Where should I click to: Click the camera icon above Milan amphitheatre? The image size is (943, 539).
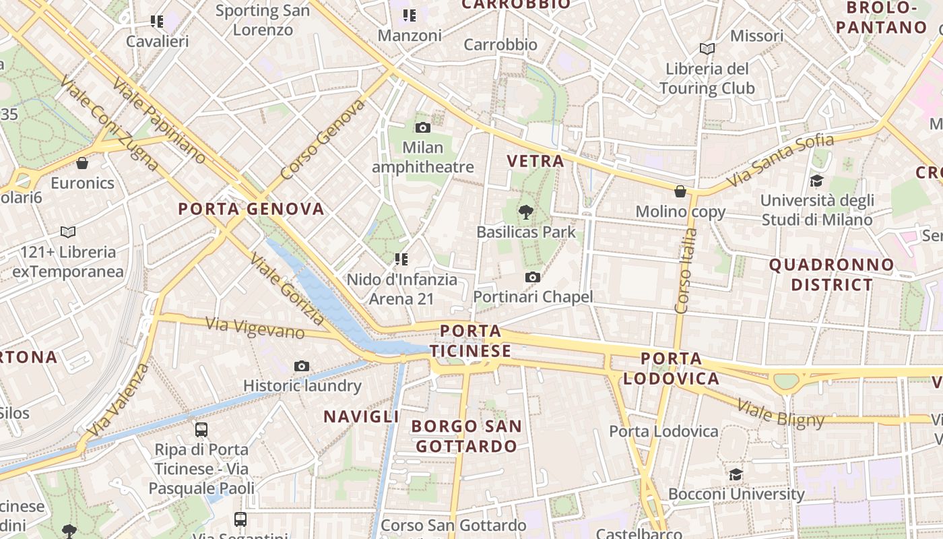423,127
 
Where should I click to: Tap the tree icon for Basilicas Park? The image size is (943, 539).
525,212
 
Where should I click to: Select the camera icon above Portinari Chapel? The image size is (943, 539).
533,277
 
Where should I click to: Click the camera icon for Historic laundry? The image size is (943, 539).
302,366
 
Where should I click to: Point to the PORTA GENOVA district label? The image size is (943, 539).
251,209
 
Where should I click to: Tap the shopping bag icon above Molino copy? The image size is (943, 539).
680,191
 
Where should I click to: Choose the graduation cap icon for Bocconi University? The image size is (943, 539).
736,474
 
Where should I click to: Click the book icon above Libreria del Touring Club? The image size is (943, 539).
707,49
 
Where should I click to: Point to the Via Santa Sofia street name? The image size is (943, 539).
781,161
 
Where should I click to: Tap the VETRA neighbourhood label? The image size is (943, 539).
535,161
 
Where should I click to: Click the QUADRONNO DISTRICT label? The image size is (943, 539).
832,274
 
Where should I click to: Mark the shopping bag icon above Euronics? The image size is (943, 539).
82,163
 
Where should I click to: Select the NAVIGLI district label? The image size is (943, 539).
362,416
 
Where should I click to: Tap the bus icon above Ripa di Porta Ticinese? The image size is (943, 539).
201,429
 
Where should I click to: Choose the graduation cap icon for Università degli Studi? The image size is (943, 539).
816,181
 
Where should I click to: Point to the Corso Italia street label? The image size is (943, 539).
686,271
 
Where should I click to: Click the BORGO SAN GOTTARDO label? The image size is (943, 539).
466,436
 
